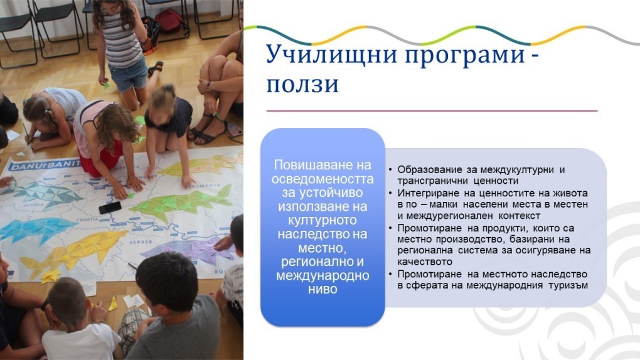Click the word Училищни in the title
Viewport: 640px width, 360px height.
pos(331,54)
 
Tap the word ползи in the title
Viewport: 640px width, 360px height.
pos(302,85)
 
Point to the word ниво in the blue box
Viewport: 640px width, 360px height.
pos(323,289)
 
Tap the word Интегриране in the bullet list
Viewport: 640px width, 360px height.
pos(431,193)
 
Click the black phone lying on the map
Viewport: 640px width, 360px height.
pos(110,208)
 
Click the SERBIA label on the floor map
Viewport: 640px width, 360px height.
pos(141,243)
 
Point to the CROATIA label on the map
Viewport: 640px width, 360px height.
pos(87,220)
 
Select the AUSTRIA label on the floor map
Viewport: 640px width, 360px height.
pos(34,204)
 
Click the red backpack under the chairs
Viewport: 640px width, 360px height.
pos(169,21)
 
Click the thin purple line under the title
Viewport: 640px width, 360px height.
pos(432,110)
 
